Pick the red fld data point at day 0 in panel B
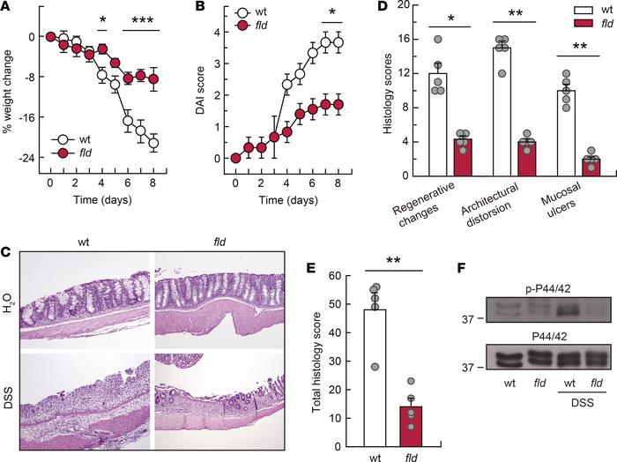pyautogui.click(x=235, y=158)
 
